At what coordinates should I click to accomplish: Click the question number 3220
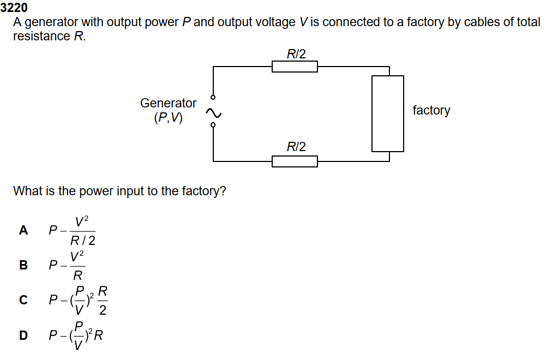coord(14,8)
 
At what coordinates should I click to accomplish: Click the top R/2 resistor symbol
coord(295,67)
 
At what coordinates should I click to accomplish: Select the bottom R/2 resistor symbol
coord(295,161)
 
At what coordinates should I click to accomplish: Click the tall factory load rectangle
coord(388,113)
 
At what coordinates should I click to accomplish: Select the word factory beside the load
coord(431,110)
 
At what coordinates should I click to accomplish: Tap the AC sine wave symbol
coord(213,113)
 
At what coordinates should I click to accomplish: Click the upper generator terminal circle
coord(213,97)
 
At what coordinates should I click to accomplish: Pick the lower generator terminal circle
coord(213,125)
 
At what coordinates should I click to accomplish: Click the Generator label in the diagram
coord(168,103)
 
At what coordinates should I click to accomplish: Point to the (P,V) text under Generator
coord(169,117)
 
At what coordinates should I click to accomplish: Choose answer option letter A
coord(23,230)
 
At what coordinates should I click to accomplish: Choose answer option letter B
coord(23,265)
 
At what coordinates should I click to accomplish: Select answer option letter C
coord(23,299)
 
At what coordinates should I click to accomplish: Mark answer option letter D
coord(23,334)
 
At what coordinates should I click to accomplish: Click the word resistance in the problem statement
coord(41,37)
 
